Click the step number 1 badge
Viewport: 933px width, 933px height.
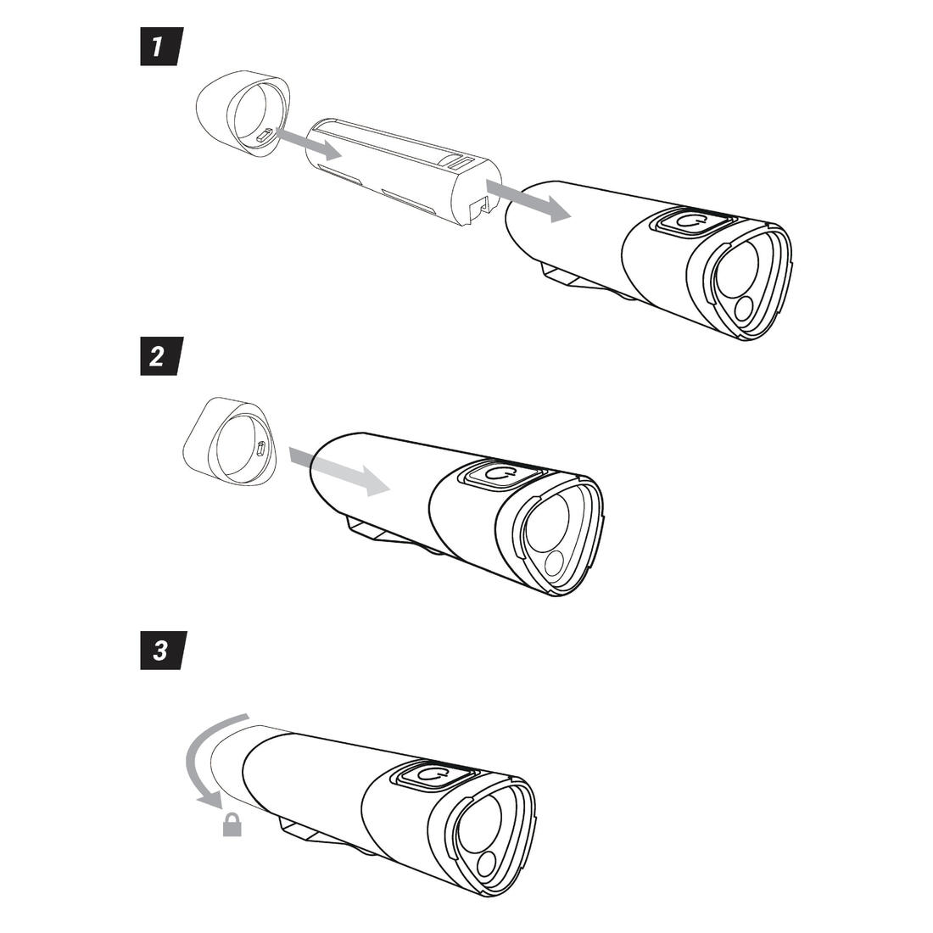pos(160,46)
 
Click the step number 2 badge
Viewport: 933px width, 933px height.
pos(160,356)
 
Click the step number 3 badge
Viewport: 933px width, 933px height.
pos(163,651)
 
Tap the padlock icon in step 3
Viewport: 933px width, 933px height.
pos(232,824)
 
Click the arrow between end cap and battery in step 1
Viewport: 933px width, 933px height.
pos(310,142)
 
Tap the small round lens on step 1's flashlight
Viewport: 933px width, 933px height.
pos(745,310)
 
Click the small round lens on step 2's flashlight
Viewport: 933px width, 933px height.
pos(556,561)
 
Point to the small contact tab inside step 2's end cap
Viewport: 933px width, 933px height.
pos(260,449)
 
